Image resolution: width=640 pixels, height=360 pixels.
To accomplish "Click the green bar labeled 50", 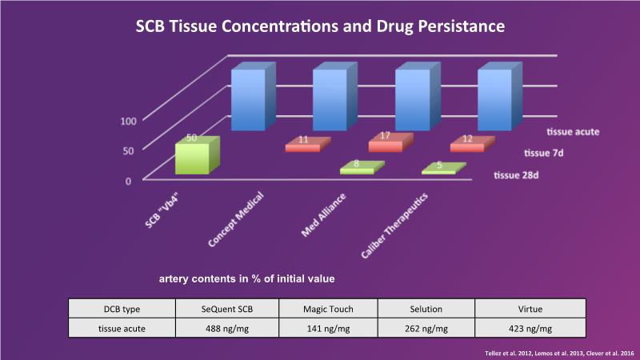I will (x=192, y=158).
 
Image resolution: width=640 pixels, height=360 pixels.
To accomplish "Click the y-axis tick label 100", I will (x=128, y=122).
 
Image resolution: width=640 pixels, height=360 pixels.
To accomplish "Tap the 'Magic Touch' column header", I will (x=327, y=308).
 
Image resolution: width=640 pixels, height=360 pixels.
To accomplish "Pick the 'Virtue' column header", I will (x=530, y=308).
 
